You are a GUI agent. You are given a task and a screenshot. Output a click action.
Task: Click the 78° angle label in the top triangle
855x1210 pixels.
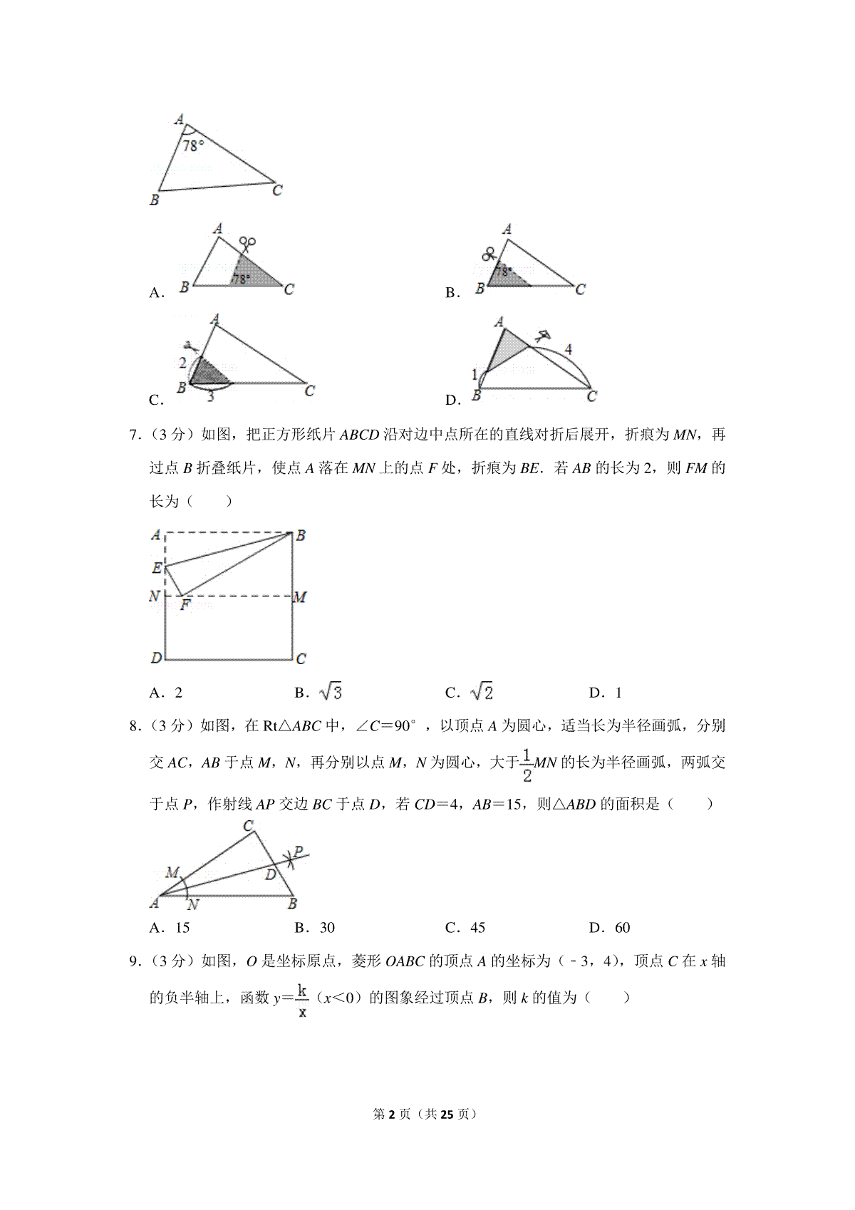tap(193, 145)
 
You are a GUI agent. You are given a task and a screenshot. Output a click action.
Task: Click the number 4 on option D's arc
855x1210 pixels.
tap(568, 349)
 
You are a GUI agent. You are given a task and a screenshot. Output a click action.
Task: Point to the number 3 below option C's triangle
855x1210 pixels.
tap(210, 397)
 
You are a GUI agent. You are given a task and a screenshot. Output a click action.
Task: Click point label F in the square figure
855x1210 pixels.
tap(185, 606)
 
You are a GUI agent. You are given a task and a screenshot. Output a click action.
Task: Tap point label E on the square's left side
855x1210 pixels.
tap(156, 568)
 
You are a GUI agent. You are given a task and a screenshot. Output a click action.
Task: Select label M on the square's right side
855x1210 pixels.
tap(300, 597)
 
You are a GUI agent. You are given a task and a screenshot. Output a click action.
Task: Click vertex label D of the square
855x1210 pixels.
tap(156, 658)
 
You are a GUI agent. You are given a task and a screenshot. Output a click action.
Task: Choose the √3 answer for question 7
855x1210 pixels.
tap(331, 692)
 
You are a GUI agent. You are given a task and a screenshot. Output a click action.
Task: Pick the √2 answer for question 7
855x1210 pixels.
tap(482, 692)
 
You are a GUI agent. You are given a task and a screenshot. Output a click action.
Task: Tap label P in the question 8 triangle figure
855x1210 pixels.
tap(299, 852)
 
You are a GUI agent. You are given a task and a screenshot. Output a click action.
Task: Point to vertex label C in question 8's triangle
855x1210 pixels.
tap(249, 827)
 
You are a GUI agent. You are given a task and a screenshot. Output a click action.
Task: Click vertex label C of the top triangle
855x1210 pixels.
tap(277, 190)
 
